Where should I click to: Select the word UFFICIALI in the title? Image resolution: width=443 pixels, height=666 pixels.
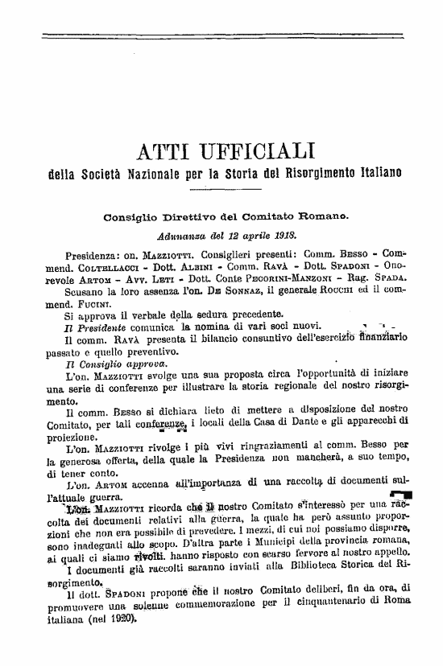tap(260, 151)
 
